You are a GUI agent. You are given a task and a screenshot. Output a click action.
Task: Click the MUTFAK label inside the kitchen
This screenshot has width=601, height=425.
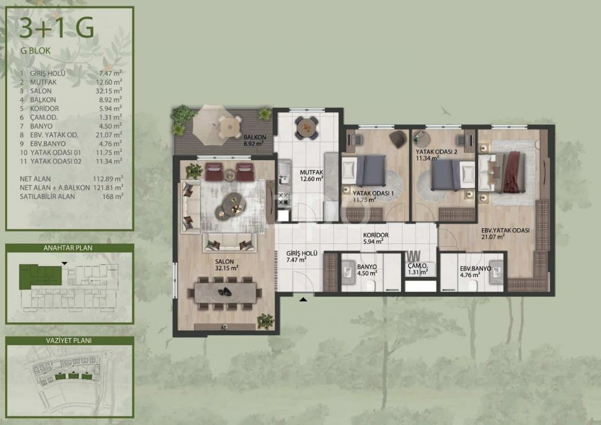(x=311, y=172)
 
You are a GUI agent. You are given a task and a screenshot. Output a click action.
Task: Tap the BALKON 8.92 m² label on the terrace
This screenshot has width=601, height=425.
(x=255, y=140)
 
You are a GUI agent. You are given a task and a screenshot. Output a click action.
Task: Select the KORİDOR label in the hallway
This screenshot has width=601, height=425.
(x=376, y=235)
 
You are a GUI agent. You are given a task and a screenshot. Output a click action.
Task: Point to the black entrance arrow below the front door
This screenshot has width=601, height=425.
(x=303, y=300)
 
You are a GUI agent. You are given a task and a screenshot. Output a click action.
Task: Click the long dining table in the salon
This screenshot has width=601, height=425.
(x=225, y=293)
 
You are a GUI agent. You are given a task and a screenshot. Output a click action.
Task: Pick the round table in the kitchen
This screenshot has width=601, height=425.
(x=307, y=127)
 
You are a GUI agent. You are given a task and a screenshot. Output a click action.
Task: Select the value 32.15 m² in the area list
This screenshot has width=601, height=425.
(x=109, y=91)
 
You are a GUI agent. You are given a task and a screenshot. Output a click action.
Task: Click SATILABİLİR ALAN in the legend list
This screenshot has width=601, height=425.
(x=47, y=196)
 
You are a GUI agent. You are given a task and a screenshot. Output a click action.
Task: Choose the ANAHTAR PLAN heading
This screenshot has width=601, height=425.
(x=68, y=248)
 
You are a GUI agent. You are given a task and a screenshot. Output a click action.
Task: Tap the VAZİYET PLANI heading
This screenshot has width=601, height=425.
(x=69, y=341)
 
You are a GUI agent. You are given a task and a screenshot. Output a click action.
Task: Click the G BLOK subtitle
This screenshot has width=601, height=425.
(x=35, y=51)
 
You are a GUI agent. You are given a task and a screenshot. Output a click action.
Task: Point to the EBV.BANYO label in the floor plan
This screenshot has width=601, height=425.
(x=476, y=269)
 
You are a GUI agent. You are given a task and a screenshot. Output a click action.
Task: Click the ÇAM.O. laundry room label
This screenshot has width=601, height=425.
(x=418, y=266)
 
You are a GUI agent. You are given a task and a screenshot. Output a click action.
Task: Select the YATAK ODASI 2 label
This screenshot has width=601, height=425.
(x=437, y=152)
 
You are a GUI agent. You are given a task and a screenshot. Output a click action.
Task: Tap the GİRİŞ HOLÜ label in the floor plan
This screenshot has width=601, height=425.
(x=302, y=253)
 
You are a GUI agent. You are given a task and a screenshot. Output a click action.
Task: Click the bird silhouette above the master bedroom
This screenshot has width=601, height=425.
(x=446, y=110)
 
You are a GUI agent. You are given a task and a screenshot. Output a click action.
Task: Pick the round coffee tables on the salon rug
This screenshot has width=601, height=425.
(x=231, y=207)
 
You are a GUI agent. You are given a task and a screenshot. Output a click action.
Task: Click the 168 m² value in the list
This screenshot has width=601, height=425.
(x=113, y=196)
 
